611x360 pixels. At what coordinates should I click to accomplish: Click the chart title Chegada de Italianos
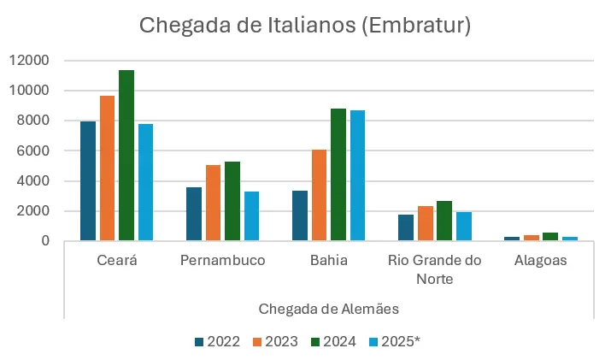(305, 26)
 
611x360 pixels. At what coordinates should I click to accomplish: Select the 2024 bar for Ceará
(126, 156)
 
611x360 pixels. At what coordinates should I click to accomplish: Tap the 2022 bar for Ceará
(88, 181)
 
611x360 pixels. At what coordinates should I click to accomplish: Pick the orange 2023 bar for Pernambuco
(213, 203)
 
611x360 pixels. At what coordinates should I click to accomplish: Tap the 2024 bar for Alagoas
(549, 236)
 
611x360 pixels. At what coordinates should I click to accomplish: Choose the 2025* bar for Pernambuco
(251, 216)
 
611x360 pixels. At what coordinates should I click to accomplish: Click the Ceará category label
(116, 261)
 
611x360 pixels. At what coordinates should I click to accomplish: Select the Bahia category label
(328, 261)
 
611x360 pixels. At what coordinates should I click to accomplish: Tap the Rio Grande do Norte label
(434, 269)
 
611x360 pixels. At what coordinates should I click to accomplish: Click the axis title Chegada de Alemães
(328, 307)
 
